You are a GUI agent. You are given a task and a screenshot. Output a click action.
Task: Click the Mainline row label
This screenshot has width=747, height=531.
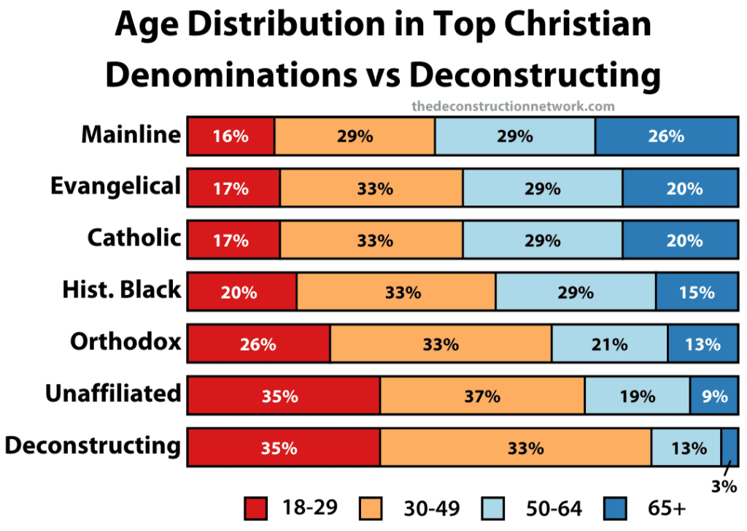coord(131,134)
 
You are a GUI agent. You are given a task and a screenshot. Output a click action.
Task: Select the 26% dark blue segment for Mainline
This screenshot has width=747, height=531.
coord(666,136)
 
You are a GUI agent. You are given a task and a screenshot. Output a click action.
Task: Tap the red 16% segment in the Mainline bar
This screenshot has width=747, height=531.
coord(231,136)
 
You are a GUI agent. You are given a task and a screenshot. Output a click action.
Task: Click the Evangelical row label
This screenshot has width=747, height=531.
coord(115,186)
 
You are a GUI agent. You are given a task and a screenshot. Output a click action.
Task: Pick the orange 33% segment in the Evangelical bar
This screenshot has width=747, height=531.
coord(371,188)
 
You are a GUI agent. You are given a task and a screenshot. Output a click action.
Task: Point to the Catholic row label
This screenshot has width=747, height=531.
coord(134,237)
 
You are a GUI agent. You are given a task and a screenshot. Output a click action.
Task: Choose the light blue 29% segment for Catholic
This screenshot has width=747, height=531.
coord(542,240)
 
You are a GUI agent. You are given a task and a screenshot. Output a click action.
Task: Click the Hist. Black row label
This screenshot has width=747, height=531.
coord(121,289)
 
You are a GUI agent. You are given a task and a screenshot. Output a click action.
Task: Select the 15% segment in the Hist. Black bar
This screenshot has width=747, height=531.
coord(697,292)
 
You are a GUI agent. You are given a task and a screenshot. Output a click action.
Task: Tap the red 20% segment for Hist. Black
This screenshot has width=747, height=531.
coord(241,292)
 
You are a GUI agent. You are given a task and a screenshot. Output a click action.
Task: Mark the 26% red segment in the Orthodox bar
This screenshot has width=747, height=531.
coord(258,344)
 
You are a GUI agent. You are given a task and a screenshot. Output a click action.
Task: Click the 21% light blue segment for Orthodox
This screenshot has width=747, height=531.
coord(609,344)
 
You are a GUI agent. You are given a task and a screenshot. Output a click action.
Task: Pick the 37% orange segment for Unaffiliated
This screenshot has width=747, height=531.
coord(482,396)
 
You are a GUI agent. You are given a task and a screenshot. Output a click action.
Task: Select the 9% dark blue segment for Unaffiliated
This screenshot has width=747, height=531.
coord(713,396)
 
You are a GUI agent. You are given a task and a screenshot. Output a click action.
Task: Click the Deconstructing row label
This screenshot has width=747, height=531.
coord(93,445)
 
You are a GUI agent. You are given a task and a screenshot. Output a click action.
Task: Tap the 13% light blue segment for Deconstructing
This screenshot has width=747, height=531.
coord(686,448)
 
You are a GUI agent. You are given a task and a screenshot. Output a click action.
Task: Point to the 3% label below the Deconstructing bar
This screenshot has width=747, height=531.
coord(724,486)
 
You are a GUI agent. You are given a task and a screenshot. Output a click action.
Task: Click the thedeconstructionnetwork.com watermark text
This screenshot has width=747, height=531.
coord(513,107)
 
